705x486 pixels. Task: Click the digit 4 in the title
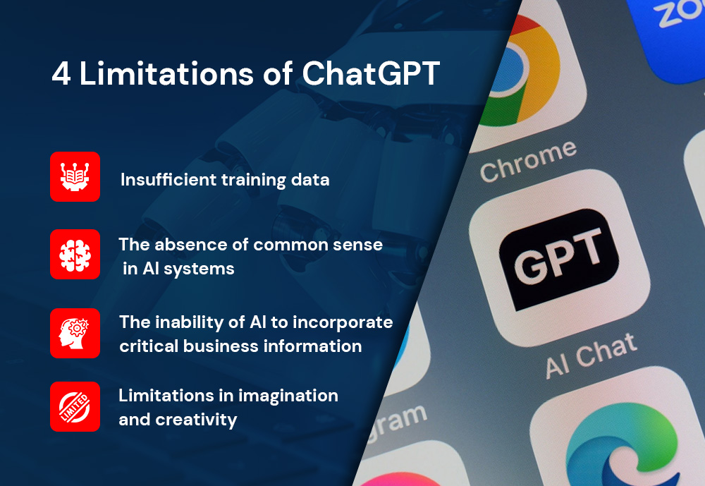(x=61, y=73)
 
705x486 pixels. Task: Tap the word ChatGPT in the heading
(x=371, y=73)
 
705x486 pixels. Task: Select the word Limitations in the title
(x=166, y=73)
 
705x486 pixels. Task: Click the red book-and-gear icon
(x=75, y=176)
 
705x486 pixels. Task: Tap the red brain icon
(x=75, y=254)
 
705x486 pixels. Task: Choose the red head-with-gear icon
(x=75, y=333)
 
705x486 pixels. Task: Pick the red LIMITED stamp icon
(x=75, y=406)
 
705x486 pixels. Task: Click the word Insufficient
(x=168, y=180)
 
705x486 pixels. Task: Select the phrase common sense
(x=319, y=245)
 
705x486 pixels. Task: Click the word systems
(x=199, y=269)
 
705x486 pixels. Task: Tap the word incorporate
(x=343, y=322)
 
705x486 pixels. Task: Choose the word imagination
(x=288, y=396)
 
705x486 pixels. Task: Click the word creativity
(x=196, y=420)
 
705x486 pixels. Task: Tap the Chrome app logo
(x=522, y=72)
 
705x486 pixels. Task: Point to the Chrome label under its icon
(x=528, y=160)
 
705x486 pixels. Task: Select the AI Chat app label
(x=591, y=356)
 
